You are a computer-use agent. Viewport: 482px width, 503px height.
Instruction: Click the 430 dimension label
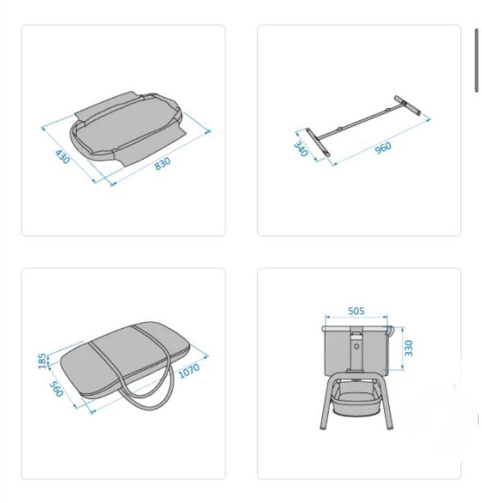[x=62, y=156]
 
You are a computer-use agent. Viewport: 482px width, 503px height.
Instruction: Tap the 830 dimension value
[x=163, y=163]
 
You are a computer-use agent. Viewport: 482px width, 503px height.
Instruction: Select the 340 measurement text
[x=301, y=149]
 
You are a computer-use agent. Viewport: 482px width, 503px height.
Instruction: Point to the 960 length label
[x=383, y=148]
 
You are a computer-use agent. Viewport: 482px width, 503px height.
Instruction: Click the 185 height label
[x=42, y=361]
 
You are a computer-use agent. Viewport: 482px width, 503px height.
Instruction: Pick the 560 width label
[x=56, y=389]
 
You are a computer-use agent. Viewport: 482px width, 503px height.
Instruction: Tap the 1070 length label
[x=188, y=371]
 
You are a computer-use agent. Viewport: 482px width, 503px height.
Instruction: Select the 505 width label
[x=356, y=311]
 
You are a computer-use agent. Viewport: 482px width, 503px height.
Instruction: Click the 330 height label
[x=408, y=348]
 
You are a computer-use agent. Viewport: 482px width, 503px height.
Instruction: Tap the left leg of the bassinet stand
[x=326, y=405]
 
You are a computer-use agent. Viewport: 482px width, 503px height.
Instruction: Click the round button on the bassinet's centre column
[x=356, y=346]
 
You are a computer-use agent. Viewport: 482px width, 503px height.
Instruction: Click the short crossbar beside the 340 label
[x=317, y=142]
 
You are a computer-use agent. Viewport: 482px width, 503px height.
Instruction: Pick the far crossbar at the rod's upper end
[x=407, y=105]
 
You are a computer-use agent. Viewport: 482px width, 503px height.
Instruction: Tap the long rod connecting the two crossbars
[x=359, y=124]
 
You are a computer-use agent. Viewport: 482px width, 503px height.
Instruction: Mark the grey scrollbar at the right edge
[x=476, y=60]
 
